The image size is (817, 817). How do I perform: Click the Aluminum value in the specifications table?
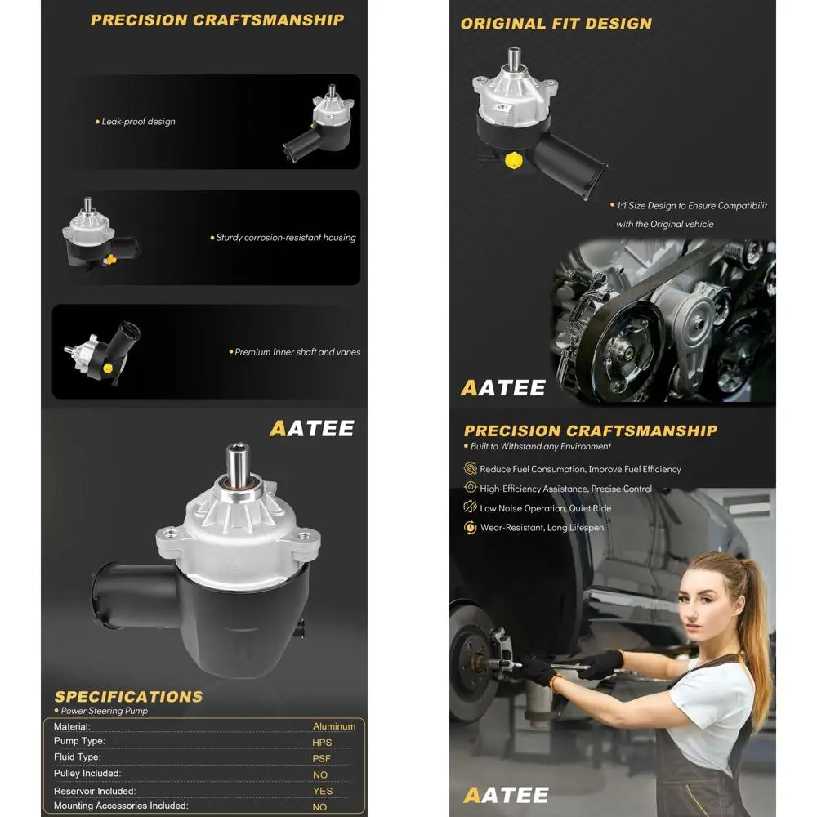pos(333,726)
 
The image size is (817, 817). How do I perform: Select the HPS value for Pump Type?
pos(322,743)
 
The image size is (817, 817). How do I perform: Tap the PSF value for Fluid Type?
pos(321,758)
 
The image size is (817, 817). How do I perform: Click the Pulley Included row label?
pos(87,774)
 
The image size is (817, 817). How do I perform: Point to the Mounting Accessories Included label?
pos(121,806)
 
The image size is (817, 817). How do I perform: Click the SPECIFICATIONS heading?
pos(128,697)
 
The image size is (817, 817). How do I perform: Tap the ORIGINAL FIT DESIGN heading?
pos(556,24)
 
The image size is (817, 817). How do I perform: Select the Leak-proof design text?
pos(138,122)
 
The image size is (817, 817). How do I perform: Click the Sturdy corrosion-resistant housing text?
pos(285,238)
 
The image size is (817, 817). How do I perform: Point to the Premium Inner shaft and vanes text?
pos(297,352)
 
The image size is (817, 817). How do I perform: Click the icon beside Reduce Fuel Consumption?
pos(471,469)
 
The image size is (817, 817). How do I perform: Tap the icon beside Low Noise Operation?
pos(471,507)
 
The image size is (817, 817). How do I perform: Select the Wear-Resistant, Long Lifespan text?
pos(541,528)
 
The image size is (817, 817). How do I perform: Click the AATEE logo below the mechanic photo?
pos(505,795)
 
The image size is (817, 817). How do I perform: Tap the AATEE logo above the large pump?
pos(311,428)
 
